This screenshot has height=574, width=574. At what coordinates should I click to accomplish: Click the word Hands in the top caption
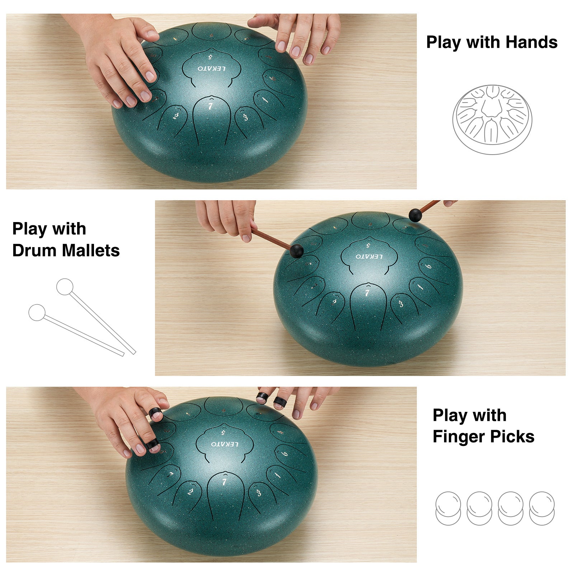(532, 42)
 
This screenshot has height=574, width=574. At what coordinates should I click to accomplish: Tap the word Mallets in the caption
(91, 250)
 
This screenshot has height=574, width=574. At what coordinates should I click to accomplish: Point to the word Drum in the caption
(35, 250)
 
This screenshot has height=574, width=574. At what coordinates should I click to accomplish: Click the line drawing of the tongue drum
(492, 119)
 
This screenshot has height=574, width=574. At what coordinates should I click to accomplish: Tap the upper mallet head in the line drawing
(65, 287)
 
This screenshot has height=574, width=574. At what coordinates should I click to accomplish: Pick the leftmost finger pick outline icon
(448, 508)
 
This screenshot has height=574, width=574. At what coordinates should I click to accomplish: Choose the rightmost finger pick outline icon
(542, 508)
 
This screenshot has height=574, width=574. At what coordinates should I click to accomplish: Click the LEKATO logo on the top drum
(212, 68)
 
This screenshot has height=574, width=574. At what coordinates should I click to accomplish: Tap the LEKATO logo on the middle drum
(369, 257)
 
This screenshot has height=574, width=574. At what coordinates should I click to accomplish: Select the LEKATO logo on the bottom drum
(225, 444)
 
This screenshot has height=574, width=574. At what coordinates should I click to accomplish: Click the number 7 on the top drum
(210, 106)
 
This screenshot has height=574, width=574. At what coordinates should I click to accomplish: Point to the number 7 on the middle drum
(367, 293)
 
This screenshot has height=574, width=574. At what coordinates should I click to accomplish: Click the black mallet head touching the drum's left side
(296, 251)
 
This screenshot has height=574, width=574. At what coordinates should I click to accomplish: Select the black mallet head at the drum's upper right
(415, 215)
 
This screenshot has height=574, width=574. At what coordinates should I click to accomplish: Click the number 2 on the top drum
(175, 116)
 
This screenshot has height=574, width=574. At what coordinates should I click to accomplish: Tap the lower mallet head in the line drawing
(37, 312)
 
